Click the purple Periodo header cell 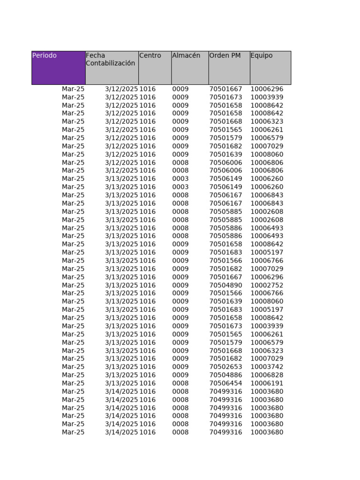click(58, 67)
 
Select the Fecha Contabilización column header click(112, 67)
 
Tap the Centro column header click(155, 67)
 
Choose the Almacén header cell click(190, 67)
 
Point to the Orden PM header click(229, 67)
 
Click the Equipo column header click(270, 67)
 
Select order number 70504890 click(225, 285)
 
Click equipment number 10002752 click(267, 285)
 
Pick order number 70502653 click(225, 367)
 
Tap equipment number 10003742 click(267, 367)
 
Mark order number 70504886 click(225, 375)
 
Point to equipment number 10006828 click(267, 375)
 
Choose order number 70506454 click(225, 383)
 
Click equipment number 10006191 click(267, 383)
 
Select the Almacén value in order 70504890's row click(180, 285)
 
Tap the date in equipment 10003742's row click(121, 367)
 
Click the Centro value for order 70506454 click(148, 383)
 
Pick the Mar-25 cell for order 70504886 click(73, 375)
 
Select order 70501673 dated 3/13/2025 click(225, 326)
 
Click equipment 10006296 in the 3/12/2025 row click(267, 89)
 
